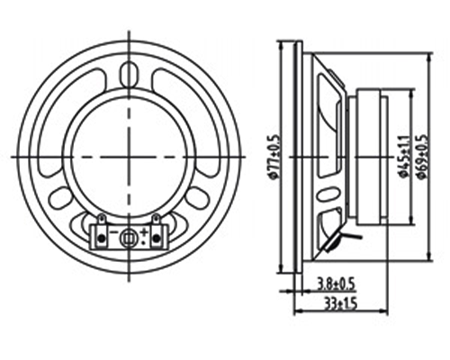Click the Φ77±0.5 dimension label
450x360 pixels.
coord(274,157)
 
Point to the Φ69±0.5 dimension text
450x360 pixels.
coord(421,157)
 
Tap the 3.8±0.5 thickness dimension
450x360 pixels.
coord(336,284)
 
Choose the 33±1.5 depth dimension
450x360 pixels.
coord(340,304)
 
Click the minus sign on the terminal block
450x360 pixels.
coord(113,232)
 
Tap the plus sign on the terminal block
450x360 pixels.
coord(144,231)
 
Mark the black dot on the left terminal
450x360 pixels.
coord(102,238)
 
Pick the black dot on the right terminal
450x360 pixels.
coord(156,238)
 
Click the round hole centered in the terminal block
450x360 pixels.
coord(129,238)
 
